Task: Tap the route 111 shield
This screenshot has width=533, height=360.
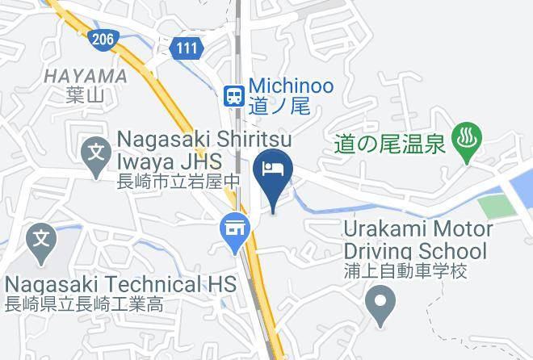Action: (x=187, y=48)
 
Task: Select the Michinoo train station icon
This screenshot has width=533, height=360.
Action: (x=234, y=95)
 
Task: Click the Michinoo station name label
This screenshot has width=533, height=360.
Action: (x=291, y=85)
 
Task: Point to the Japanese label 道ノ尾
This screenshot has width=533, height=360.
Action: (x=279, y=106)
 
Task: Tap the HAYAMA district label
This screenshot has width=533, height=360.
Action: (x=86, y=76)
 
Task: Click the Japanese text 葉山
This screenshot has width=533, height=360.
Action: (x=86, y=94)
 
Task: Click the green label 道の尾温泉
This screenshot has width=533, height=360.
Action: (x=389, y=144)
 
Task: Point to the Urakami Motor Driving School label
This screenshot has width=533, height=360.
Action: (x=417, y=239)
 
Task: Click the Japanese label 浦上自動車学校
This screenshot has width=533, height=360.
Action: (x=405, y=271)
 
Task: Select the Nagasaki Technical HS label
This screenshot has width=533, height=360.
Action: (x=120, y=284)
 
